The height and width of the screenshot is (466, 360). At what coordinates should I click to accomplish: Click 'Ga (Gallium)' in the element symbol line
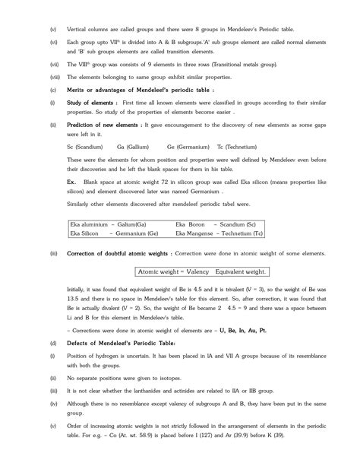point(131,146)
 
